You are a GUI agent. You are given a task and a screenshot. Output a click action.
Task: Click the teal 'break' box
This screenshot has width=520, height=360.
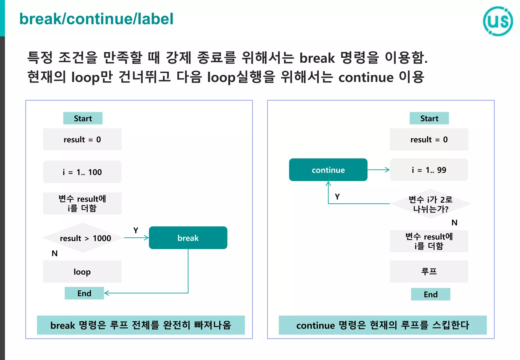click(x=188, y=238)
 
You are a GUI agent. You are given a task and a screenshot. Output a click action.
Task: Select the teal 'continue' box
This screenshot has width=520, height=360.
click(x=328, y=170)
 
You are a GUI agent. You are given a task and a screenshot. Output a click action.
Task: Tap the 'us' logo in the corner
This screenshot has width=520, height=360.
click(x=498, y=21)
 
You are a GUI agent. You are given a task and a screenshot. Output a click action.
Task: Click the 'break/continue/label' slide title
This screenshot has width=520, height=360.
click(x=96, y=19)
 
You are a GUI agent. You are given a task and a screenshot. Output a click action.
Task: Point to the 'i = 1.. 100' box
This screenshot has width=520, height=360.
click(x=82, y=172)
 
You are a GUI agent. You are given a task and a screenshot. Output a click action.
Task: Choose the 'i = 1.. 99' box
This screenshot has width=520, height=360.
click(x=429, y=170)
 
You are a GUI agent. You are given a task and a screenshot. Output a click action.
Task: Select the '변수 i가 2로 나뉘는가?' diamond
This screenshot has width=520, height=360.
click(x=431, y=204)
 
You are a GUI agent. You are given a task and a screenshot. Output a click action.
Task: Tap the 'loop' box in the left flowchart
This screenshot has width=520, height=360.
click(x=82, y=272)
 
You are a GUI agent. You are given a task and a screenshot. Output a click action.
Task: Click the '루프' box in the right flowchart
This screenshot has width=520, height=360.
click(x=429, y=271)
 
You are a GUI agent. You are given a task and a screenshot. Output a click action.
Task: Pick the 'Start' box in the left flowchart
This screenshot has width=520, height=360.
click(x=83, y=118)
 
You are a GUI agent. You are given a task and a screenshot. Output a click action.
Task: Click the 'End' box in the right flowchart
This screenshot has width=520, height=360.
click(x=431, y=294)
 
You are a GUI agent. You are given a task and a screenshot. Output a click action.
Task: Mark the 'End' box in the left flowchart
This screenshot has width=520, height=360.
click(x=84, y=293)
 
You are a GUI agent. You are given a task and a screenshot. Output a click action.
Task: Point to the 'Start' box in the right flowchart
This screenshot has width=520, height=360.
click(x=429, y=118)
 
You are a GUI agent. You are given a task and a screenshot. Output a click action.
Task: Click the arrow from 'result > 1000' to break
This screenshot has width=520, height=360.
click(x=136, y=238)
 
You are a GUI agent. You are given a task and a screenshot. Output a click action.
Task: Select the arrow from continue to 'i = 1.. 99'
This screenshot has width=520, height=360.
click(x=378, y=170)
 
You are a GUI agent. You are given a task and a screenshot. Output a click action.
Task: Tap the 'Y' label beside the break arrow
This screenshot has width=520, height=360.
click(x=136, y=230)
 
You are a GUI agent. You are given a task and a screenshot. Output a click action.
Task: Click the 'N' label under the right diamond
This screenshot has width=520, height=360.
click(x=454, y=223)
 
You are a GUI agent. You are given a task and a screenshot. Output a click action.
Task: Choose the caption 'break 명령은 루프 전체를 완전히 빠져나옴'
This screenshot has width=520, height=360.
click(x=141, y=325)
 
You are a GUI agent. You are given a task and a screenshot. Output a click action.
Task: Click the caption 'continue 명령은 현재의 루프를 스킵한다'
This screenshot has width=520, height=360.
click(x=383, y=325)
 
